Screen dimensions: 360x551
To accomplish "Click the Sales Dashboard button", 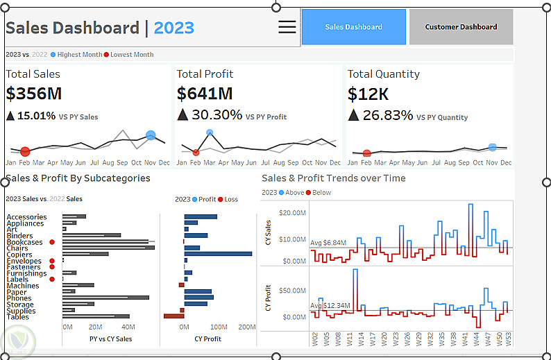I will [353, 27].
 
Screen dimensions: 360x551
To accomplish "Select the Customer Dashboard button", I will [461, 27].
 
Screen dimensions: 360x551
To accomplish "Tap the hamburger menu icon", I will [287, 27].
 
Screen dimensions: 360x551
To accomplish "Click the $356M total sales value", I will [32, 94].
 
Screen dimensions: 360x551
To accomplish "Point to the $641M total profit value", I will [204, 94].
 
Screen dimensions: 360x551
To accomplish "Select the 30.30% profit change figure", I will [217, 115].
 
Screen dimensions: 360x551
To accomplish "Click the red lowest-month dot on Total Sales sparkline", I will [25, 151].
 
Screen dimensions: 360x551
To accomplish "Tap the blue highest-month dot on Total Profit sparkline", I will [210, 132].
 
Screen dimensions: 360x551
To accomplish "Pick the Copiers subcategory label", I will [19, 255].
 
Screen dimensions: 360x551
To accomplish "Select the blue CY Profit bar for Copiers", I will [218, 254].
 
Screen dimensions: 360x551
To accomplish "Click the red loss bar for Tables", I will [173, 316].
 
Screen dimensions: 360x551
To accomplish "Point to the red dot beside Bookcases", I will [52, 242].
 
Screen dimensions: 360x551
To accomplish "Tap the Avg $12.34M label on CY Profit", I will [329, 306].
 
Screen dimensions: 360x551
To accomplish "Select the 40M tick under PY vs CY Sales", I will [128, 327].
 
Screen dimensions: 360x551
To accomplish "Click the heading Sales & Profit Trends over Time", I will [334, 178].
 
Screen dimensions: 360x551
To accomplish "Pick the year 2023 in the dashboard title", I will [174, 28].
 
